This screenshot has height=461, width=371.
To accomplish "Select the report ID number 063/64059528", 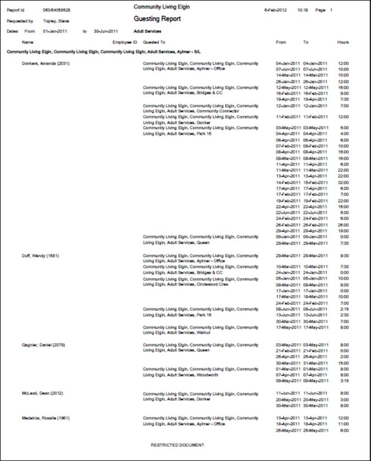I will tap(57, 10).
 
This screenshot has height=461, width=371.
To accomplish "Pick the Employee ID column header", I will tap(124, 42).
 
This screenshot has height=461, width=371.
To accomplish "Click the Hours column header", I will tap(343, 42).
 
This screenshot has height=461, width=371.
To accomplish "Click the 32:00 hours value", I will tap(343, 182).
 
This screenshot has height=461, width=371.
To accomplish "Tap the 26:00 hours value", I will tap(343, 224).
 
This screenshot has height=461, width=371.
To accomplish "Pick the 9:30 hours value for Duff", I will tap(344, 256).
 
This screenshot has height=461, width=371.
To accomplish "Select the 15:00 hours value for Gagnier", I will tap(343, 363).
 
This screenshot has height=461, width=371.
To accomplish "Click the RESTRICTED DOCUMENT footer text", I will tap(177, 445).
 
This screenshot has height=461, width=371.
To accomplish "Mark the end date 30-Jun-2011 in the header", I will tap(106, 31).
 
